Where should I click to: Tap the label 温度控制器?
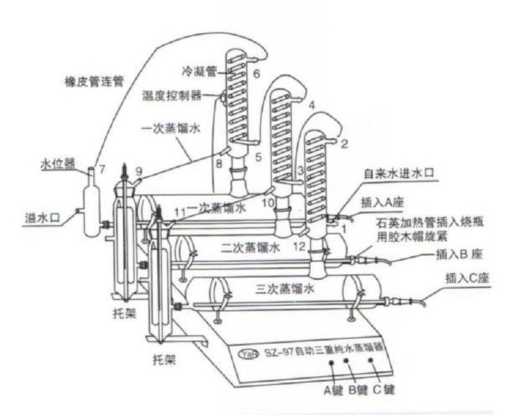pyautogui.click(x=171, y=96)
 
